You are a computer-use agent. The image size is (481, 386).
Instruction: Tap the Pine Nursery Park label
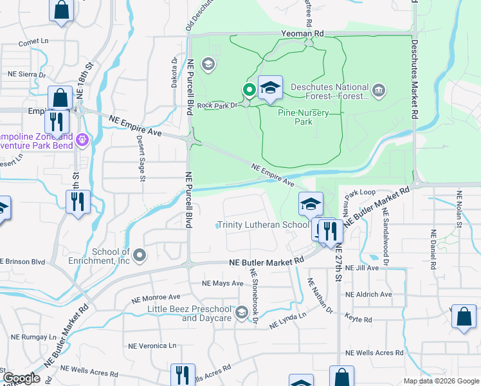(304, 117)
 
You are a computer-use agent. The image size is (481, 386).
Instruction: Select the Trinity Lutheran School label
(263, 225)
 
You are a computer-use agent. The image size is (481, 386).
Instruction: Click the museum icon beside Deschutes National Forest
(379, 88)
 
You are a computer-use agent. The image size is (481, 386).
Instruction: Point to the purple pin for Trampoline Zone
(82, 138)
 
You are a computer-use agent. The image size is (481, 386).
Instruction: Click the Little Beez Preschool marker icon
(242, 313)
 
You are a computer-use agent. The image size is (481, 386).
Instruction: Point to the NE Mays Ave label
(222, 283)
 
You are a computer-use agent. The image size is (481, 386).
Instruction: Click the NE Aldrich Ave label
(368, 295)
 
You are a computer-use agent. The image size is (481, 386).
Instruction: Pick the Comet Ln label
(33, 42)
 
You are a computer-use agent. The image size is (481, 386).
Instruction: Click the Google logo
(21, 378)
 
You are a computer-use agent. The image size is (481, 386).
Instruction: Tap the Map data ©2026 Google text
(440, 381)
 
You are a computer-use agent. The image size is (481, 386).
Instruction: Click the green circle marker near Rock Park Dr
(248, 89)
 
